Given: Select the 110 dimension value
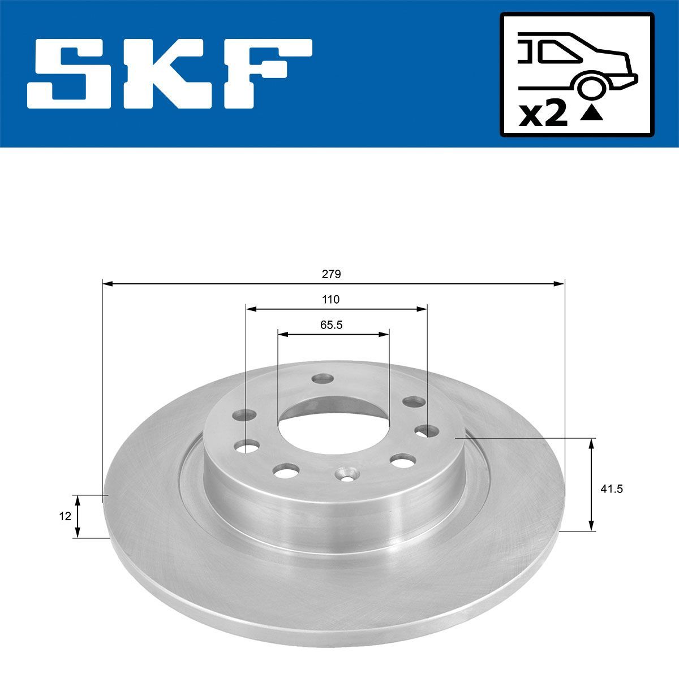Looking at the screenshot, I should click(330, 300).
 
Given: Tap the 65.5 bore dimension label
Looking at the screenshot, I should click(332, 325).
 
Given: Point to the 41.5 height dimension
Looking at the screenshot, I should click(611, 489).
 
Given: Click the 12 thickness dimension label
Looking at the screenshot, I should click(65, 516).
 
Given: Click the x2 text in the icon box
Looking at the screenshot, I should click(543, 115).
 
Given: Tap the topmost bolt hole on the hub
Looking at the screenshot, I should click(323, 377).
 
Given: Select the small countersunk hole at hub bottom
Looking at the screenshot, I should click(346, 474).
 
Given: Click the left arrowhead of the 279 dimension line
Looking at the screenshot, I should click(107, 283).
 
